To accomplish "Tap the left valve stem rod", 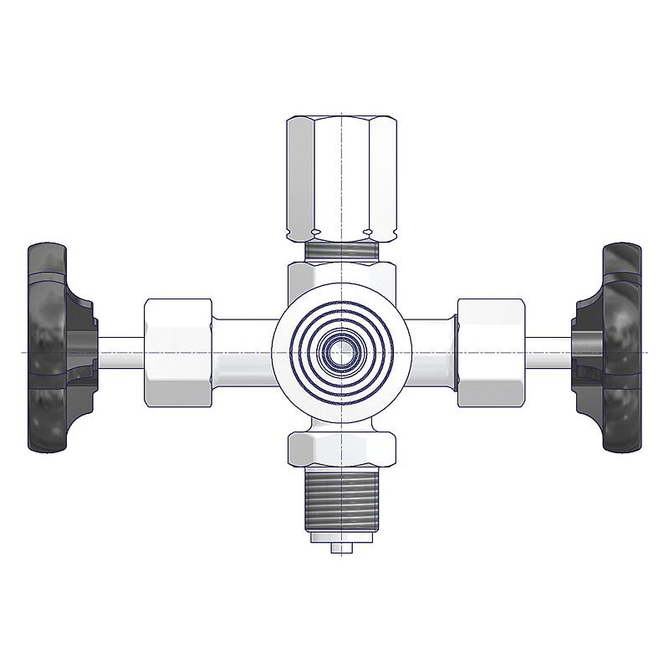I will (121, 352).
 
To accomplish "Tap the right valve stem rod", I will (548, 352).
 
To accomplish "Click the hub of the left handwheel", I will (84, 347).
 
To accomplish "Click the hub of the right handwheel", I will (585, 347).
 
